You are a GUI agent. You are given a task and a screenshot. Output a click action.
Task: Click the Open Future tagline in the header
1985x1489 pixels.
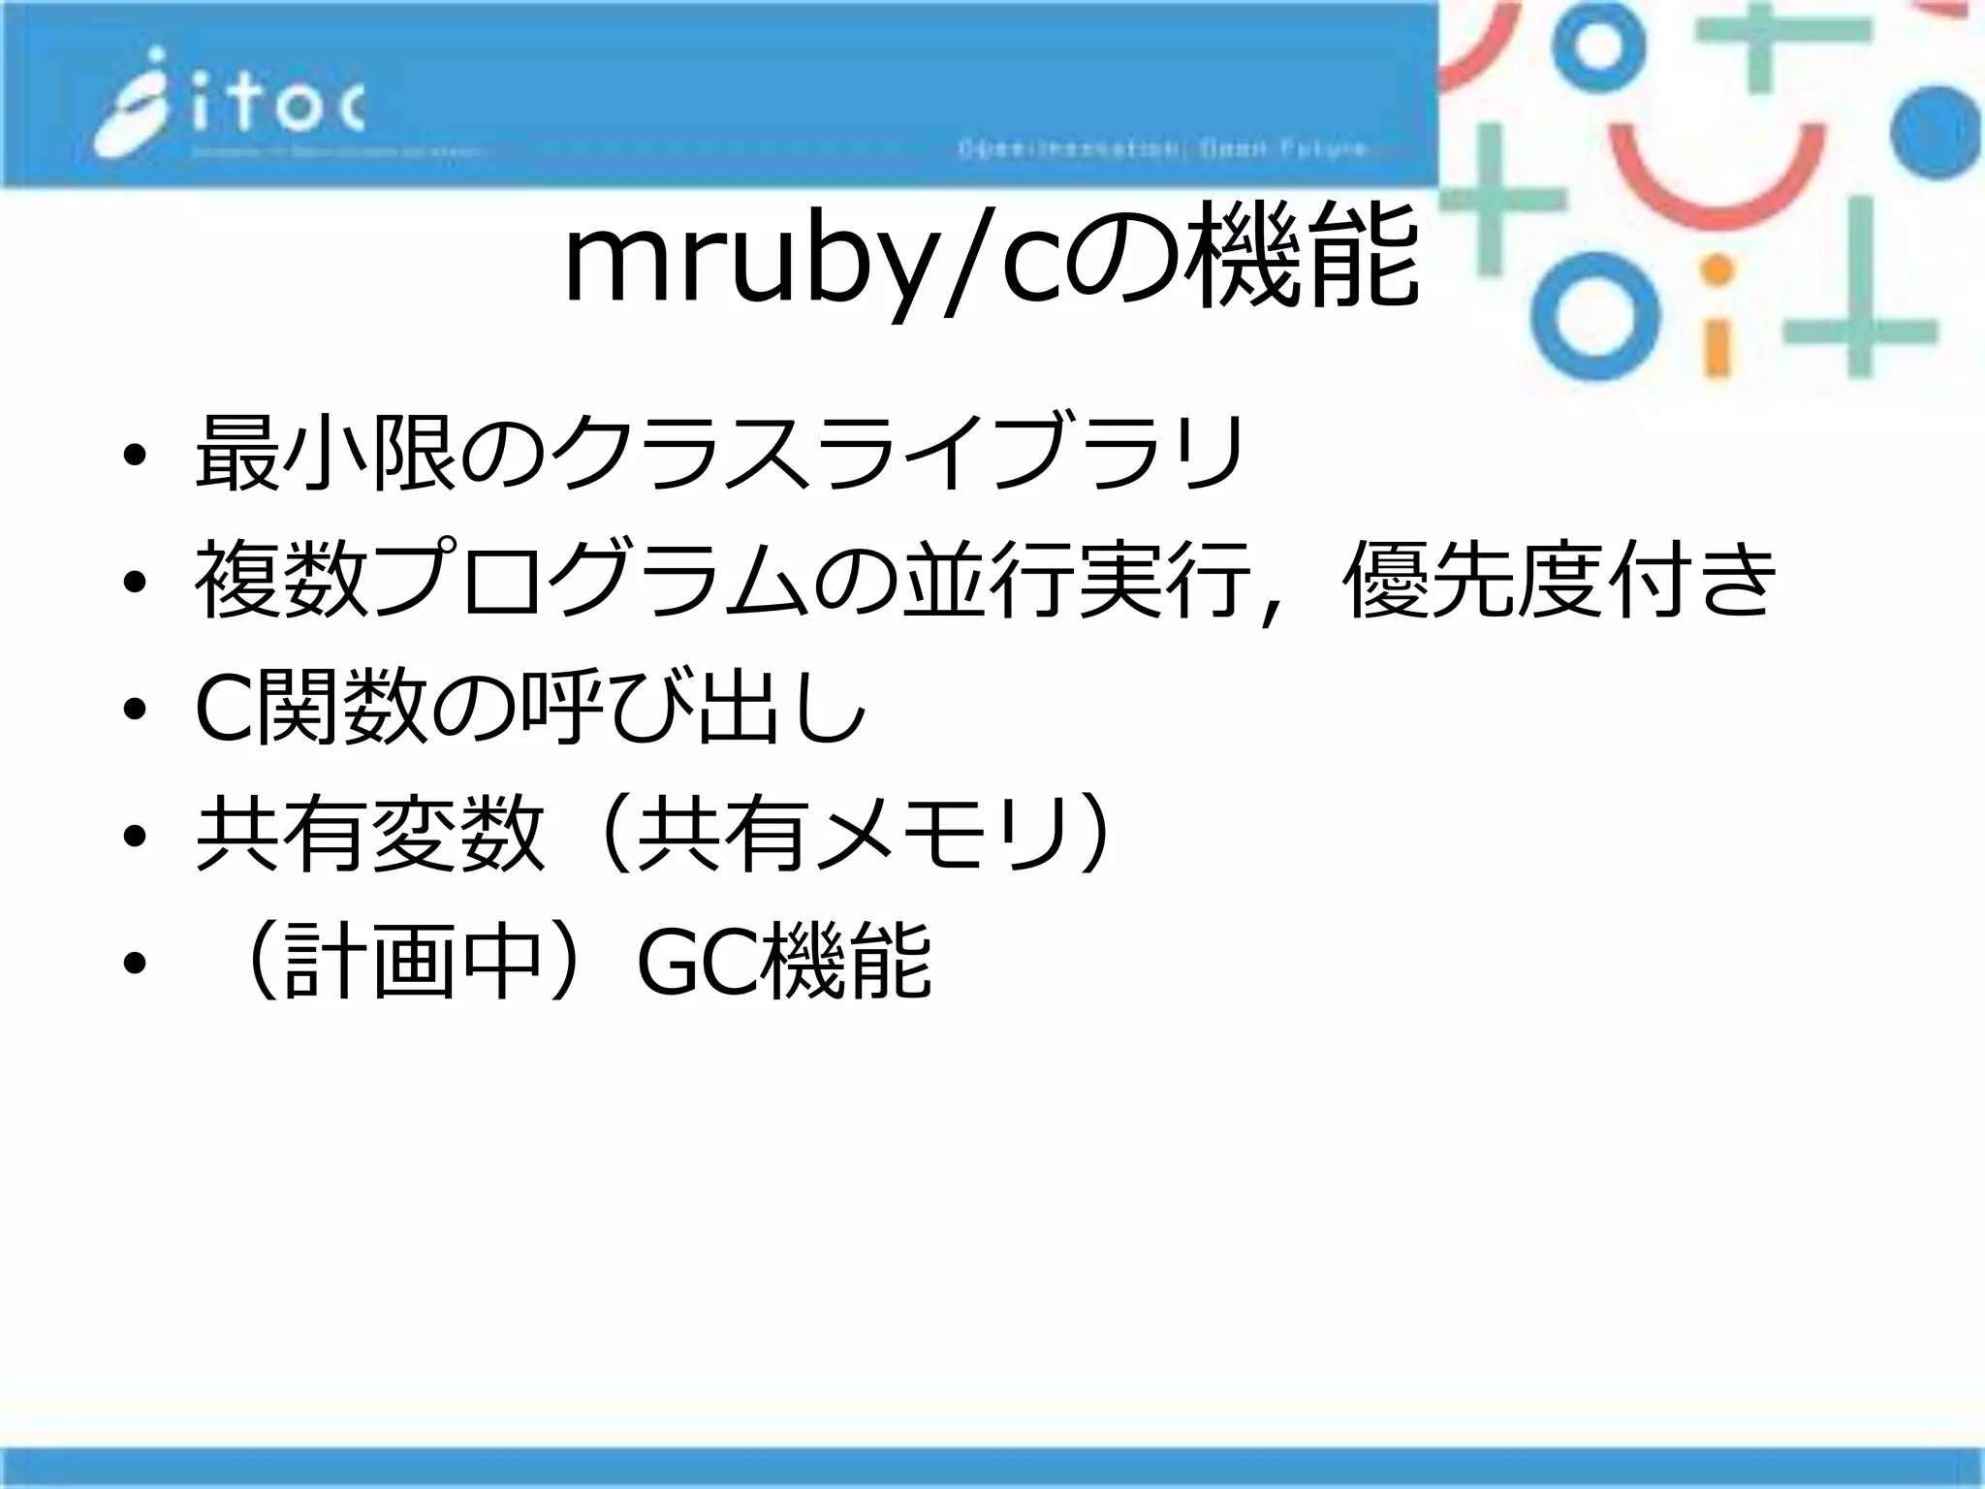click(x=1163, y=149)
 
